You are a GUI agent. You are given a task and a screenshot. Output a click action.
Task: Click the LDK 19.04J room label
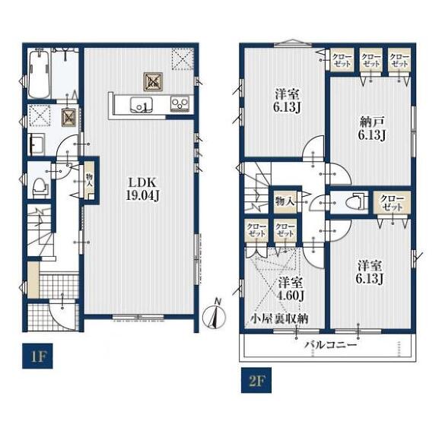tap(142, 188)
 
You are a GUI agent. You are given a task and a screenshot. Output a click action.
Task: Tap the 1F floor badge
tap(37, 356)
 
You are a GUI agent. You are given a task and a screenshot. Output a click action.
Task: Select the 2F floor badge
tap(256, 381)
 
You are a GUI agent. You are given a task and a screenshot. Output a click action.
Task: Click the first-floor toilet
tap(40, 188)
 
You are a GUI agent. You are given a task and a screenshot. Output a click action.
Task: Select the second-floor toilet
tap(358, 202)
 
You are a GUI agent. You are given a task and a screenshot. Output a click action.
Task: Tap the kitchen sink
tap(141, 106)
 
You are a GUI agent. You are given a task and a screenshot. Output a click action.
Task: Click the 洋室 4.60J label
tap(291, 290)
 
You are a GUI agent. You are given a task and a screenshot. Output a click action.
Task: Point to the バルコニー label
tap(331, 345)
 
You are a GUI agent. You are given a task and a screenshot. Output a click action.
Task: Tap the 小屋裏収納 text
tap(279, 319)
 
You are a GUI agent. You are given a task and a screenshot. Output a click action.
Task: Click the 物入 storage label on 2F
tap(284, 202)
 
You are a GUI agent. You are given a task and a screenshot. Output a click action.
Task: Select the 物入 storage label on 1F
tap(90, 179)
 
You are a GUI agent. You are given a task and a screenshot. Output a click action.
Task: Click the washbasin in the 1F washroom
tap(37, 144)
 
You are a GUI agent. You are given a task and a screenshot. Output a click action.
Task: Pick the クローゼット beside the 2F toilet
tap(393, 203)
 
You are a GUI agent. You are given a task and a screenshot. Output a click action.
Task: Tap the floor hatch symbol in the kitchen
tap(153, 81)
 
